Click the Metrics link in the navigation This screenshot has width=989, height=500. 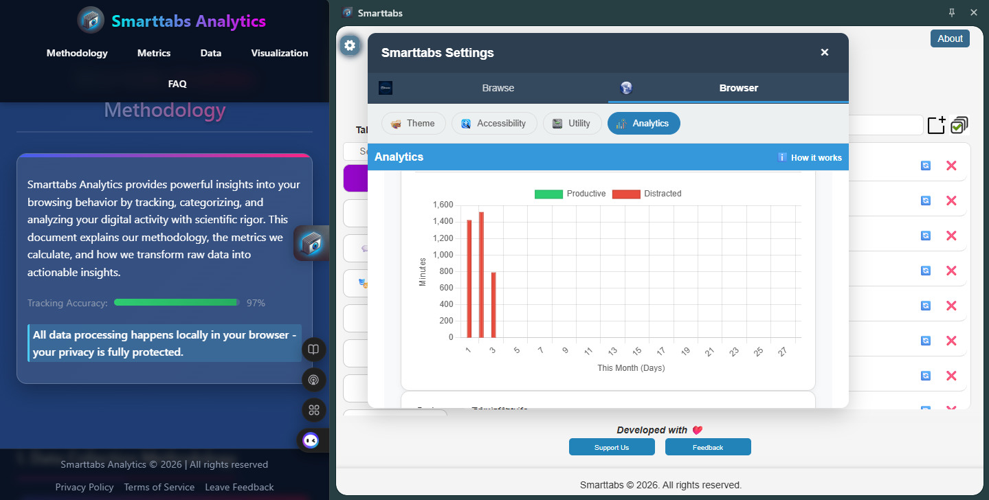coord(154,53)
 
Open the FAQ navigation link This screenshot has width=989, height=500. coord(177,84)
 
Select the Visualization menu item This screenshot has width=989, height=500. coord(280,53)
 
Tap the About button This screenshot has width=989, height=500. coord(950,38)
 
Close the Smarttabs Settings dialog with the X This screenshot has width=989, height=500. coord(825,52)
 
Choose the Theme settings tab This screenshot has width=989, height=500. coord(413,124)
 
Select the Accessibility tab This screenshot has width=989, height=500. coord(493,124)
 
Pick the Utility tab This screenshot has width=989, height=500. coord(572,124)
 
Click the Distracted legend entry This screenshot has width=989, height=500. coord(647,194)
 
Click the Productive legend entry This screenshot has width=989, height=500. coord(570,194)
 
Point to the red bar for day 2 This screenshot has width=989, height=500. coord(482,275)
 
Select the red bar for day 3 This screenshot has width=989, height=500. coord(493,305)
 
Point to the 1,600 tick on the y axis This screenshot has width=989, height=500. coord(443,205)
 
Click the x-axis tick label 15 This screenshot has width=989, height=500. coord(637,352)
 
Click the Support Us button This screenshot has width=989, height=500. coord(611,447)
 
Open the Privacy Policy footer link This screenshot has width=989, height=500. coord(85,487)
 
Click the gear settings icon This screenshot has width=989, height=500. coord(350,45)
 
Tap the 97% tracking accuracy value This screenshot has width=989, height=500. coord(256,303)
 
